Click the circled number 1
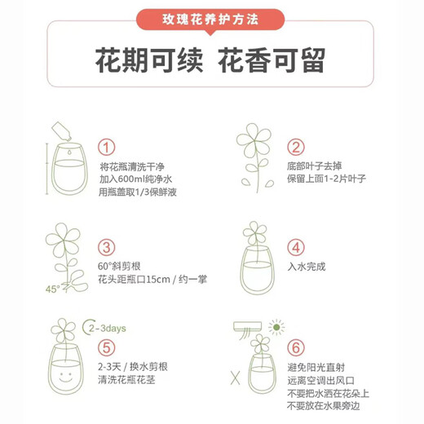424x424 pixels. pos(107,148)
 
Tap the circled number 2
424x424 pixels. pos(296,148)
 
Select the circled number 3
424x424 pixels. pos(107,248)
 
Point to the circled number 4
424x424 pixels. pos(296,248)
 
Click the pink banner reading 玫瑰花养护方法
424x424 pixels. pos(211,17)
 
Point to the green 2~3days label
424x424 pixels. pos(104,329)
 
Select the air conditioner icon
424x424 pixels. pos(250,329)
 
